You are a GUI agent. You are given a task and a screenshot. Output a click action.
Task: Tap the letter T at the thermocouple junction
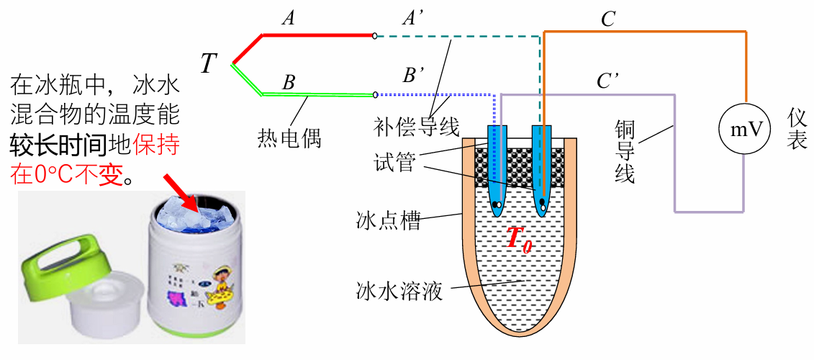[x=209, y=65]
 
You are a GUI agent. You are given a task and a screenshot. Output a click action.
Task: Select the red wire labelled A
[x=317, y=35]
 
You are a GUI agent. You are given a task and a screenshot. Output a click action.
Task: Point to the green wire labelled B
[x=317, y=94]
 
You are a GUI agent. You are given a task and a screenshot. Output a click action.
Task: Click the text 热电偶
[x=289, y=137]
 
